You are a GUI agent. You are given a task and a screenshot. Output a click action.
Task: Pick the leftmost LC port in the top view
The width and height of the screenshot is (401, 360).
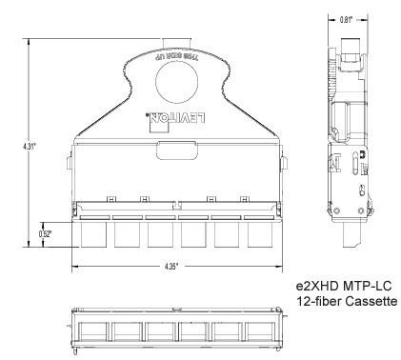click(x=93, y=235)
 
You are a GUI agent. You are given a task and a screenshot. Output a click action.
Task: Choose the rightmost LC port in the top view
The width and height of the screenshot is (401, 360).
click(x=259, y=235)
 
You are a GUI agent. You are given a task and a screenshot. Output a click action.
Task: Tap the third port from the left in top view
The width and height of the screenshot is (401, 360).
click(x=159, y=235)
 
